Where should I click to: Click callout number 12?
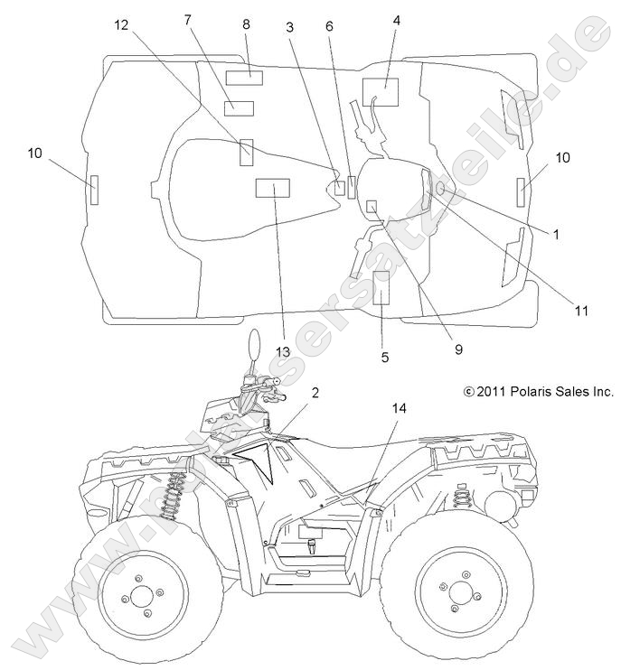pos(122,26)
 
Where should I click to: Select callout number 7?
pos(187,19)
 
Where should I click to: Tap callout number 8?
pos(246,25)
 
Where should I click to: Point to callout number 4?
pos(396,19)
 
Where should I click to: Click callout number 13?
pos(283,350)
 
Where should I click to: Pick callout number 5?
pos(385,357)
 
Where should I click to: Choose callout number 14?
pos(399,408)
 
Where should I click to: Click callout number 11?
pos(581,310)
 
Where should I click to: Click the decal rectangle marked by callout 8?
pos(244,77)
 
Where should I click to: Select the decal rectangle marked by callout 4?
pos(381,93)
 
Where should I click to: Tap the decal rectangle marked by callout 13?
pos(271,188)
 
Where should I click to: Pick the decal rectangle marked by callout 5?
pos(381,286)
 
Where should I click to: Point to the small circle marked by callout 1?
pos(440,189)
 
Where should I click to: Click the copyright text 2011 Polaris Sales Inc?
pos(537,391)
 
